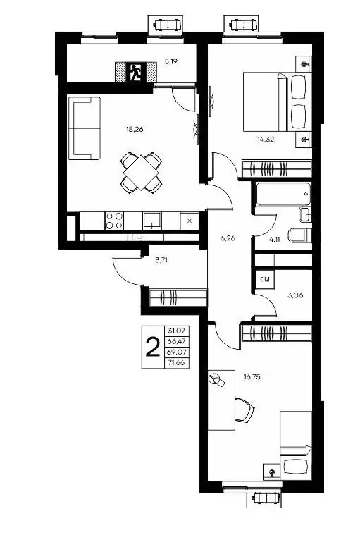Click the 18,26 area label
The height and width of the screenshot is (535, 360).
(135, 129)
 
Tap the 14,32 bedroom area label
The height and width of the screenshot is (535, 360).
(266, 139)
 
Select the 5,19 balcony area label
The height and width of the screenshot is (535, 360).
(171, 62)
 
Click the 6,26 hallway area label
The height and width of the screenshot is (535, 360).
(228, 238)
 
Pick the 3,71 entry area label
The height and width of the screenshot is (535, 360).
(161, 260)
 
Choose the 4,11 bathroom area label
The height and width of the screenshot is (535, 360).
(275, 239)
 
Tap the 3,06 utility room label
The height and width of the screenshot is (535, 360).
(295, 295)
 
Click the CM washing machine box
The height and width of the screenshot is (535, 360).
(265, 279)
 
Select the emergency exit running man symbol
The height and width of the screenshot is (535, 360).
(136, 73)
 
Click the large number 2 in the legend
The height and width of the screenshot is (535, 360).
(153, 347)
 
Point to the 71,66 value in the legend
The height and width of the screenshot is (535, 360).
(176, 363)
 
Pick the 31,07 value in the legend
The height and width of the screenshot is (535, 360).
(176, 331)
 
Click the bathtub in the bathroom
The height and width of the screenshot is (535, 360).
(283, 194)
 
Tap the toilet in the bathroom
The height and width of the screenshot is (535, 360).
(299, 235)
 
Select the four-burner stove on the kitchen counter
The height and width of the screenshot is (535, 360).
(114, 221)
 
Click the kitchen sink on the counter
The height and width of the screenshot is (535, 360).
(152, 220)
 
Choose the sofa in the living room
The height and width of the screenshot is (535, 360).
(85, 128)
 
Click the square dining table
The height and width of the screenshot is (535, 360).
(140, 172)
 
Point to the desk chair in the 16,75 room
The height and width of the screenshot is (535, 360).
(244, 410)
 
